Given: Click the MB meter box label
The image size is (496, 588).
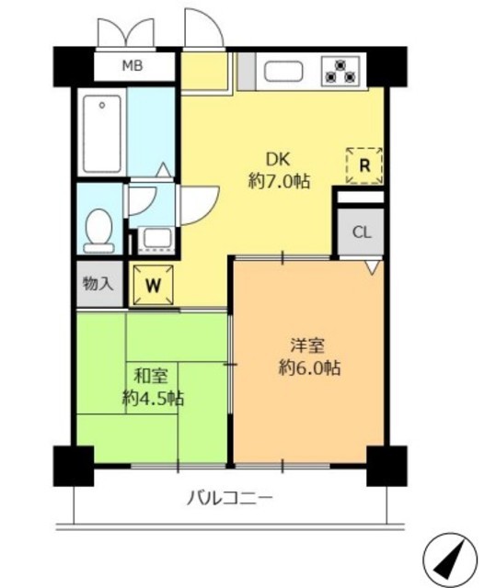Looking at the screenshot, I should (134, 65).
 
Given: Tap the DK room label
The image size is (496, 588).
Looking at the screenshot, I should (279, 156).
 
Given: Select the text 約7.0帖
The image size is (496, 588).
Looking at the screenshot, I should (279, 181).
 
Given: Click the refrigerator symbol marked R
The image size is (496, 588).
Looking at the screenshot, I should (364, 165).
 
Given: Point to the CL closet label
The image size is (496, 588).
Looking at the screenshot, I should (361, 232).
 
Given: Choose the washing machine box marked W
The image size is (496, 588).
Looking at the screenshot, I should (153, 285).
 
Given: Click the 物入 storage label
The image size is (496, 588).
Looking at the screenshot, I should (97, 283).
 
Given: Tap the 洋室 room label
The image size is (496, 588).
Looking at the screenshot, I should (308, 346).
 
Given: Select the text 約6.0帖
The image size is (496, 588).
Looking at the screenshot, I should (308, 369).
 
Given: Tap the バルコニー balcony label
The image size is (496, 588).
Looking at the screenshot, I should (230, 499).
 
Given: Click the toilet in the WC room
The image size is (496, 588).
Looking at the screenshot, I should (98, 229).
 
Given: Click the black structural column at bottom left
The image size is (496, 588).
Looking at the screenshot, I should (73, 465).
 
